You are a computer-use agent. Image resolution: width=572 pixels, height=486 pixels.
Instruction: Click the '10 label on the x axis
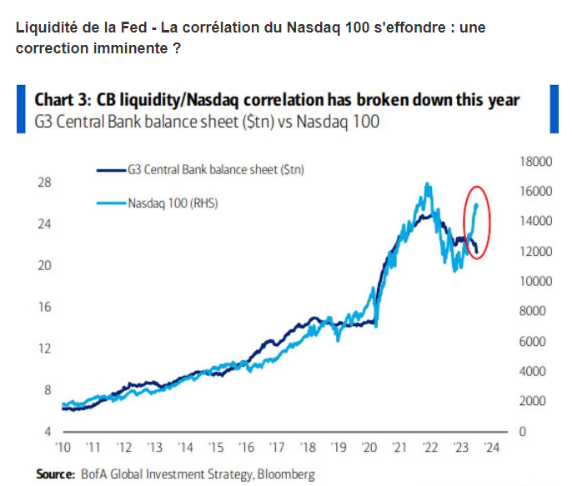coord(63,447)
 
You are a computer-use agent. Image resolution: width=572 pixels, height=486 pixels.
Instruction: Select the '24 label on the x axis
coord(492,447)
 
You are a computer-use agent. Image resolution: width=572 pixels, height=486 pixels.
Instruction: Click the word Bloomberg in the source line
coord(285,473)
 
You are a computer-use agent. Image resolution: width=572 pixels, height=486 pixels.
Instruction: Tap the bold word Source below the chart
coord(55,473)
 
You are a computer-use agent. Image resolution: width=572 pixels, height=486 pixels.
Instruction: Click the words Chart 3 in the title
coord(63,100)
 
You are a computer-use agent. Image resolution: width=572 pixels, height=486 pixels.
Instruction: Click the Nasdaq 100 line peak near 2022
coord(427,183)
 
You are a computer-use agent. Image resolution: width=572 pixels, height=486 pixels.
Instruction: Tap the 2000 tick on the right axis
coord(534,402)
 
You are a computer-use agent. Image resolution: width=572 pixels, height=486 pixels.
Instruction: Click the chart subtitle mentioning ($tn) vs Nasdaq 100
coord(206,123)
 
